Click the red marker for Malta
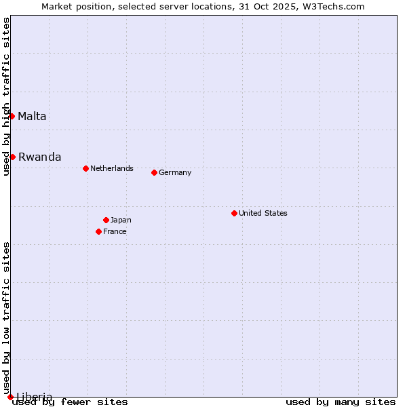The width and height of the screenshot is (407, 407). (12, 116)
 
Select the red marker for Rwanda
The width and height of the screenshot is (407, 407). (12, 157)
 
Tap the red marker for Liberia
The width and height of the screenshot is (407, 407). (10, 397)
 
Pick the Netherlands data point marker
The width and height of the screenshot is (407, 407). (85, 168)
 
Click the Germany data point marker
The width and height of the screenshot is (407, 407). (154, 172)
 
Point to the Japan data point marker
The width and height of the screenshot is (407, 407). (106, 220)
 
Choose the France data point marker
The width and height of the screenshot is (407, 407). (98, 231)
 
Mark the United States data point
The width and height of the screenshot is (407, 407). (234, 213)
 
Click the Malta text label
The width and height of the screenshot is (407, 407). (32, 116)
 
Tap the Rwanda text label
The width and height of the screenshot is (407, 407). (39, 157)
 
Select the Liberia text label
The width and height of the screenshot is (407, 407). (34, 397)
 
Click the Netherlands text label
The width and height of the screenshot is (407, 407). (111, 168)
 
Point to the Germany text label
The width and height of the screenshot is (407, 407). (175, 172)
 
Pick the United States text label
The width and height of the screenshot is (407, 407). (263, 213)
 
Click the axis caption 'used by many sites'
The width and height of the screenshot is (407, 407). (341, 402)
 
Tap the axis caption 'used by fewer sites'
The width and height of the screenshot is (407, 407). (70, 402)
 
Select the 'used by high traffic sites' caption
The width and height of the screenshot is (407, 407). (6, 96)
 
